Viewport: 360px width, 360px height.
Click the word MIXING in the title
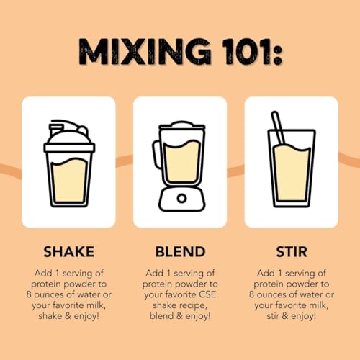[x=145, y=52]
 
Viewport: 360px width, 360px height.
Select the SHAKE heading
[x=68, y=252]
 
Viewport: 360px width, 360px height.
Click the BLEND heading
[x=180, y=252]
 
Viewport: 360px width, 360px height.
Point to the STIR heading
[x=292, y=252]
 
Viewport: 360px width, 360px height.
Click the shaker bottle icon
[x=69, y=163]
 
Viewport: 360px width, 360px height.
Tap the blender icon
[x=179, y=166]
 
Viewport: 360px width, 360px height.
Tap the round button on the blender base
[x=182, y=199]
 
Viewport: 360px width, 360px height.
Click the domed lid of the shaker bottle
[x=69, y=135]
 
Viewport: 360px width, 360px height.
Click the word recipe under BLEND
[x=193, y=306]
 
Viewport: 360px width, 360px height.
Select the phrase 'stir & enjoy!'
[x=292, y=316]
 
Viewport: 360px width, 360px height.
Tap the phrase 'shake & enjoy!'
[x=68, y=316]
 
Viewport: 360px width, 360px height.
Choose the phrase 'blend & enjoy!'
[x=180, y=316]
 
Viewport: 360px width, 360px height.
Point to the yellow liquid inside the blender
[x=182, y=161]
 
